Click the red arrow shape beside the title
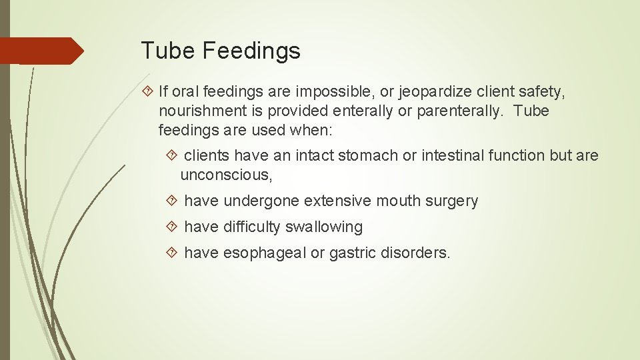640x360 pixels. tap(41, 51)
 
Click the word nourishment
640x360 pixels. tap(203, 111)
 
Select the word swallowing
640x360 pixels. tap(324, 227)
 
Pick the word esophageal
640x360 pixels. tap(265, 253)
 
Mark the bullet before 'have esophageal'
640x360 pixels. tap(173, 253)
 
